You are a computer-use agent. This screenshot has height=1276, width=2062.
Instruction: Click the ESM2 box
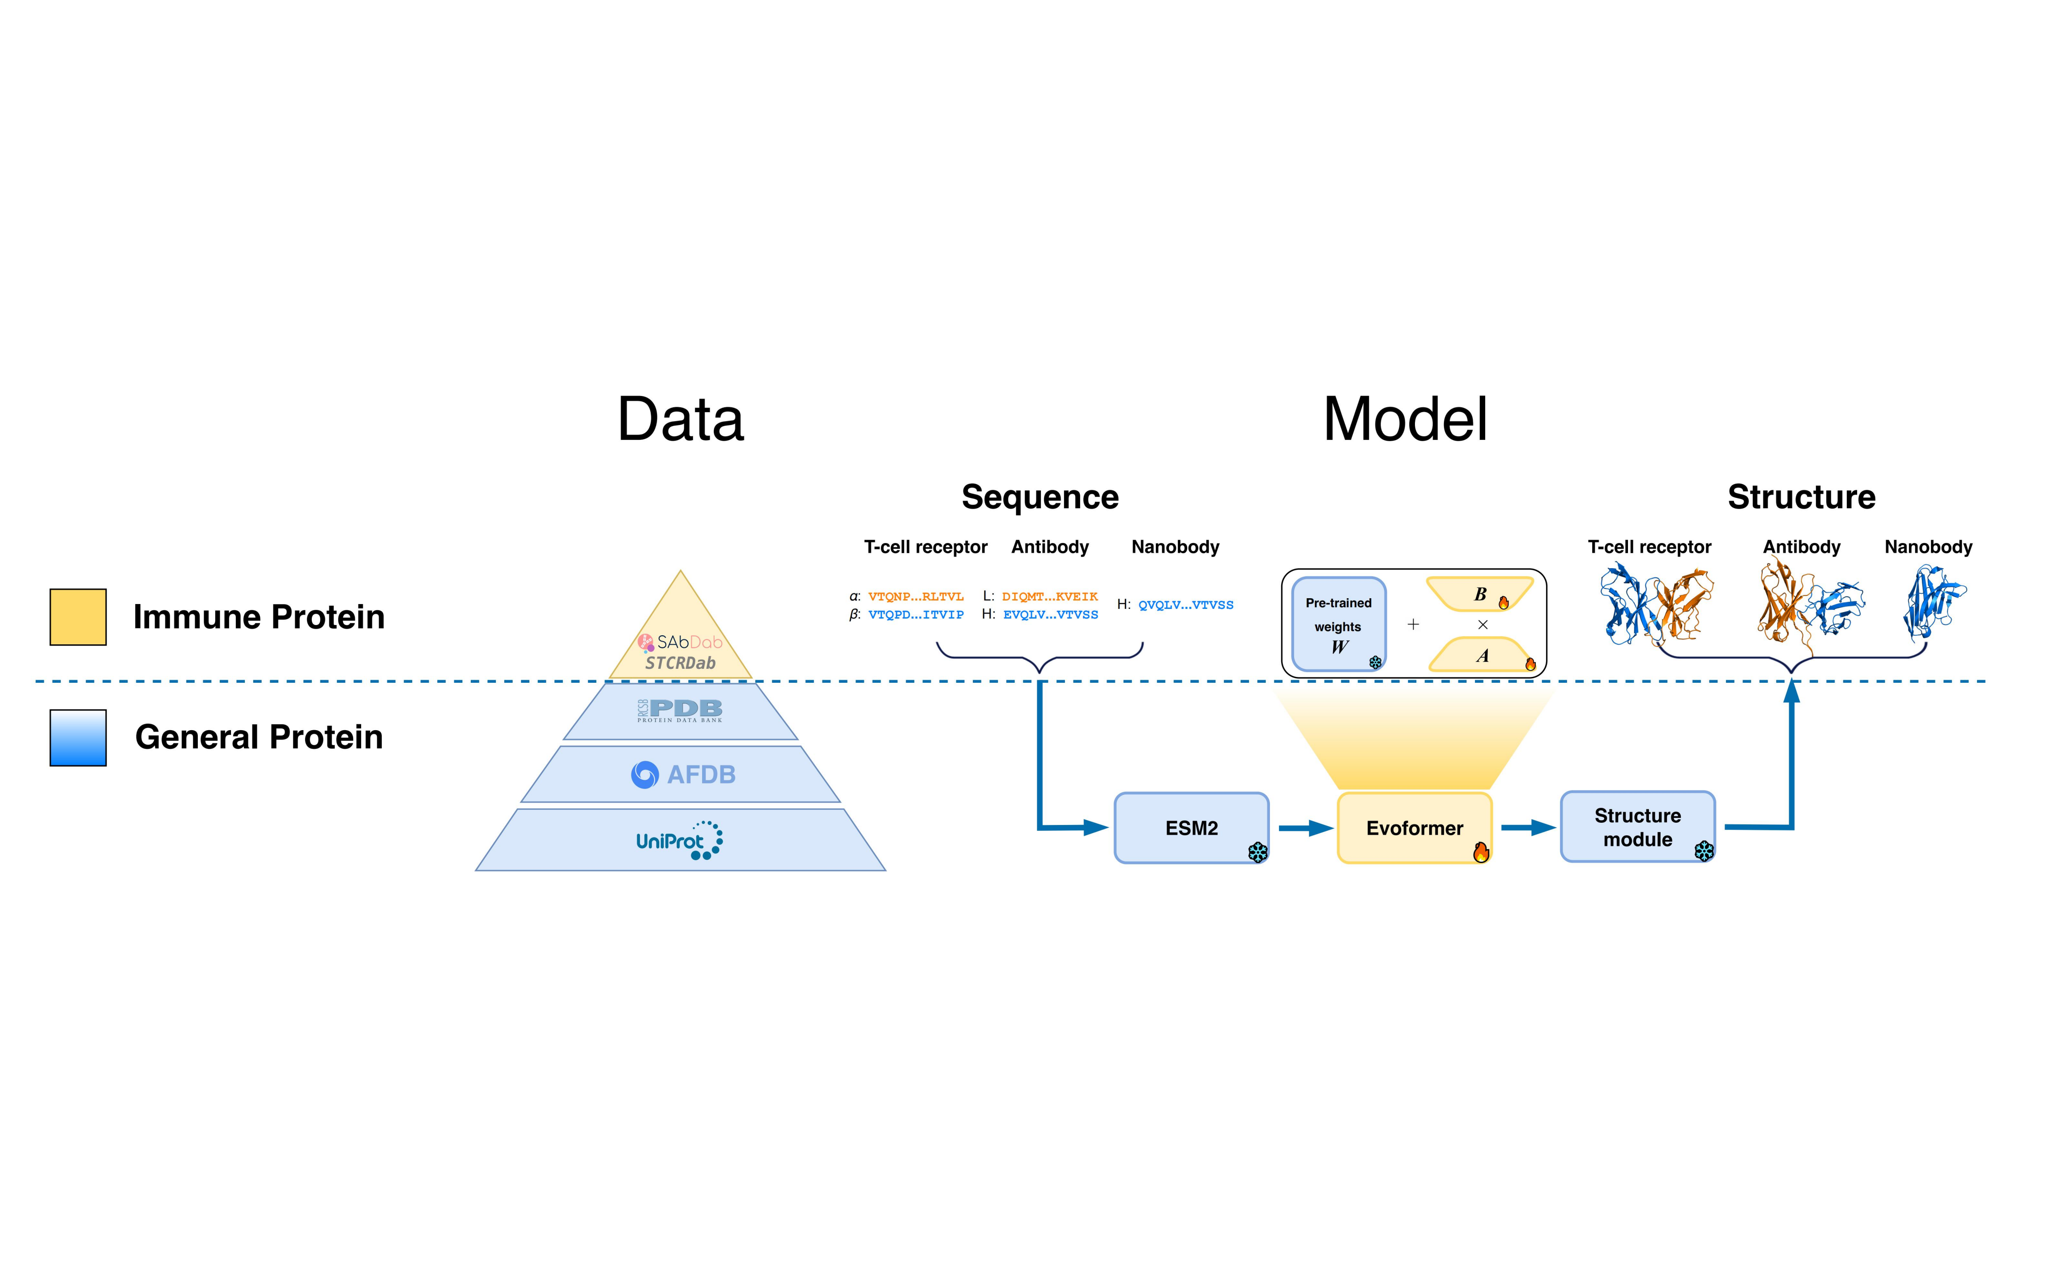click(1190, 827)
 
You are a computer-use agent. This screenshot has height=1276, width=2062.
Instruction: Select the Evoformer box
click(1414, 827)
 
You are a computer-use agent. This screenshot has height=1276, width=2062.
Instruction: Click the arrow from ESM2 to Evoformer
click(1305, 828)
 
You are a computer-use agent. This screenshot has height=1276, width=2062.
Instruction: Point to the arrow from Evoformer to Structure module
click(1528, 828)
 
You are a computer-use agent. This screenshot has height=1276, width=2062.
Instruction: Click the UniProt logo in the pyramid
click(679, 841)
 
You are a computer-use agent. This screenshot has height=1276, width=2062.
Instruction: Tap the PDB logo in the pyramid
click(680, 710)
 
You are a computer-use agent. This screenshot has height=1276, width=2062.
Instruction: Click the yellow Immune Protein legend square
click(78, 617)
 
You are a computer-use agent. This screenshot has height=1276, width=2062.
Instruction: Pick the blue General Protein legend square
click(78, 738)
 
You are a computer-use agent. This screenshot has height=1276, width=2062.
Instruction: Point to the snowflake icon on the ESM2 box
click(1257, 852)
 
